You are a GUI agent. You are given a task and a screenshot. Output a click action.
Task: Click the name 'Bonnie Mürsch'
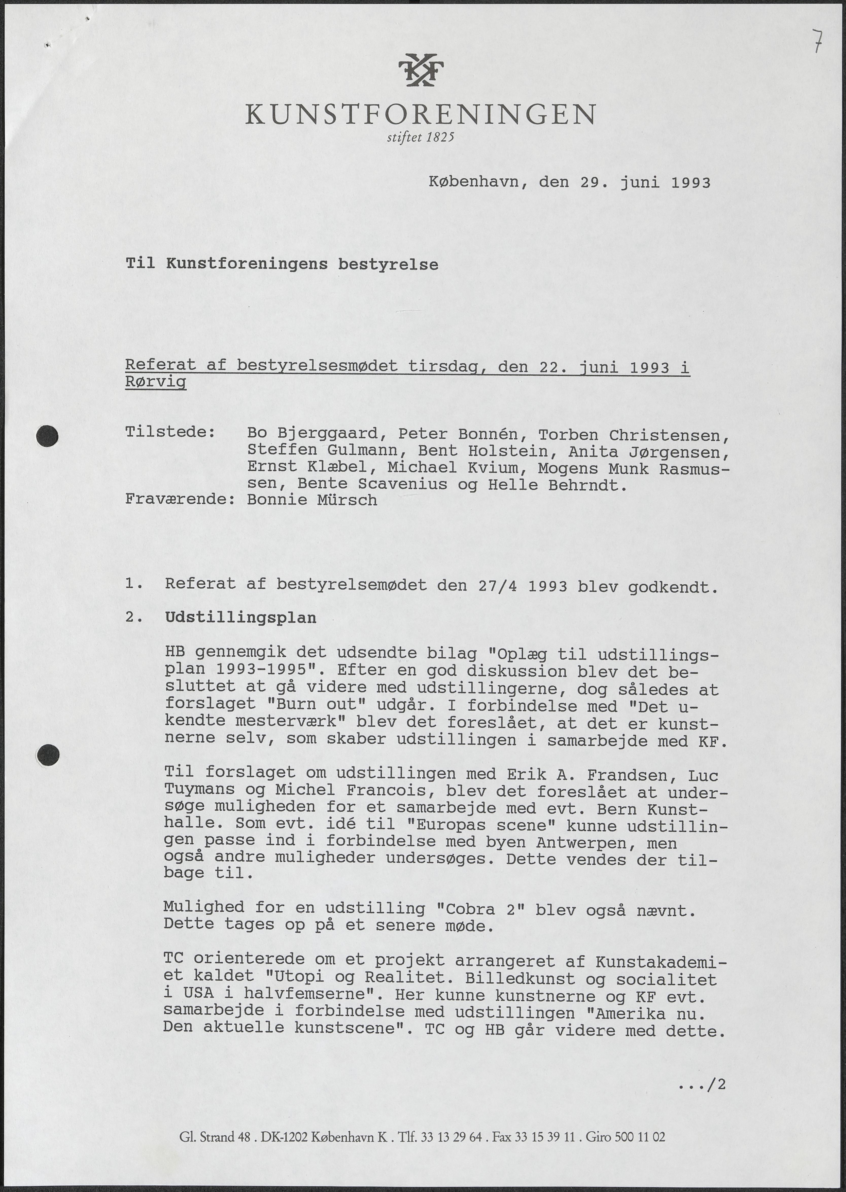[312, 500]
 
